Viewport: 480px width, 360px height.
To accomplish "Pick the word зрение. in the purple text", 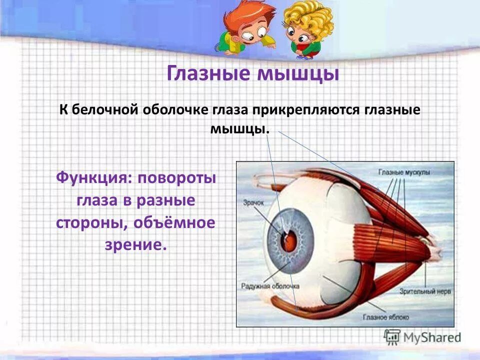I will [x=135, y=245].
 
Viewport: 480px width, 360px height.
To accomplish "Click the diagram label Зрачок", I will [x=253, y=203].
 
